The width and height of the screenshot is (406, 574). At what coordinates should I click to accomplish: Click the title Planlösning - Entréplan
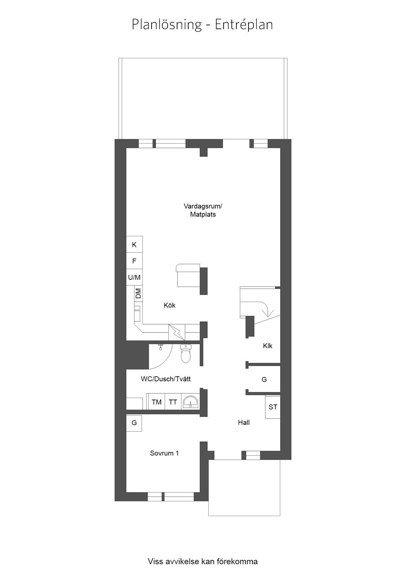pyautogui.click(x=202, y=25)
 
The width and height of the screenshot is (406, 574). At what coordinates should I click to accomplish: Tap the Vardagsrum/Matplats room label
pyautogui.click(x=203, y=210)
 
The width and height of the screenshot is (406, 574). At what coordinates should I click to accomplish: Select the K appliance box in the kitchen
pyautogui.click(x=134, y=244)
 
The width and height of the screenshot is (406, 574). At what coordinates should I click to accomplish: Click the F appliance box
pyautogui.click(x=134, y=261)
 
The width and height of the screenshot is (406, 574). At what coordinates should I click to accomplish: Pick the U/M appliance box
pyautogui.click(x=134, y=277)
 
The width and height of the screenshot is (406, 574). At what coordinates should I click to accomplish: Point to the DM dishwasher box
pyautogui.click(x=138, y=294)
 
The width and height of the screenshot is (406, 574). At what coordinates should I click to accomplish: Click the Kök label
pyautogui.click(x=170, y=305)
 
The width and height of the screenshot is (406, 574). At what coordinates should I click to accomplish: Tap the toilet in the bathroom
pyautogui.click(x=186, y=354)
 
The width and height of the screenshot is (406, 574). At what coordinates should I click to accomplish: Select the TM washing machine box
pyautogui.click(x=157, y=402)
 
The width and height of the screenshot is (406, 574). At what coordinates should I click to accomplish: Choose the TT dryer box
pyautogui.click(x=173, y=402)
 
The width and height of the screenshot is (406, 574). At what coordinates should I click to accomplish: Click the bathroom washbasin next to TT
pyautogui.click(x=191, y=402)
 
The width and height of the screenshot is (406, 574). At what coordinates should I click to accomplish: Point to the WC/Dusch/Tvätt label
pyautogui.click(x=166, y=379)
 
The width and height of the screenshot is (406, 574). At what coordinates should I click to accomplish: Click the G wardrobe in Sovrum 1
pyautogui.click(x=134, y=423)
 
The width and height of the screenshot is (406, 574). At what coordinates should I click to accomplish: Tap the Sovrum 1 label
pyautogui.click(x=164, y=453)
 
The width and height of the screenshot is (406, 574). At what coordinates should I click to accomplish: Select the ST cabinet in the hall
pyautogui.click(x=273, y=407)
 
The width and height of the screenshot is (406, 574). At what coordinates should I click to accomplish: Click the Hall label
pyautogui.click(x=244, y=422)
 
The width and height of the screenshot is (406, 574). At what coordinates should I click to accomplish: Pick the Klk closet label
pyautogui.click(x=268, y=346)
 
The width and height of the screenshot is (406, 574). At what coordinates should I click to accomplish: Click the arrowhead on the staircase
pyautogui.click(x=268, y=314)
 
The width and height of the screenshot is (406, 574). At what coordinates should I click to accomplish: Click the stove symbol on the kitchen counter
pyautogui.click(x=176, y=332)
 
